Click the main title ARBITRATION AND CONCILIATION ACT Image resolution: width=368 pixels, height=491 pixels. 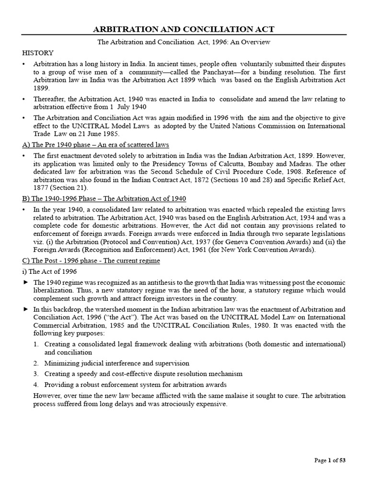coord(184,30)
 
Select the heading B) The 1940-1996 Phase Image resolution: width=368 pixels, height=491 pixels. coord(104,198)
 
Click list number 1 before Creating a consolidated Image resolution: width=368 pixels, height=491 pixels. coord(37,344)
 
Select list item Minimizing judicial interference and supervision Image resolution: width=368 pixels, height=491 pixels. coord(117,363)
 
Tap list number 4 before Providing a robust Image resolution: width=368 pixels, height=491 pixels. coord(37,385)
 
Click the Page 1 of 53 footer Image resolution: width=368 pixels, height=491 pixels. coord(330,460)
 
